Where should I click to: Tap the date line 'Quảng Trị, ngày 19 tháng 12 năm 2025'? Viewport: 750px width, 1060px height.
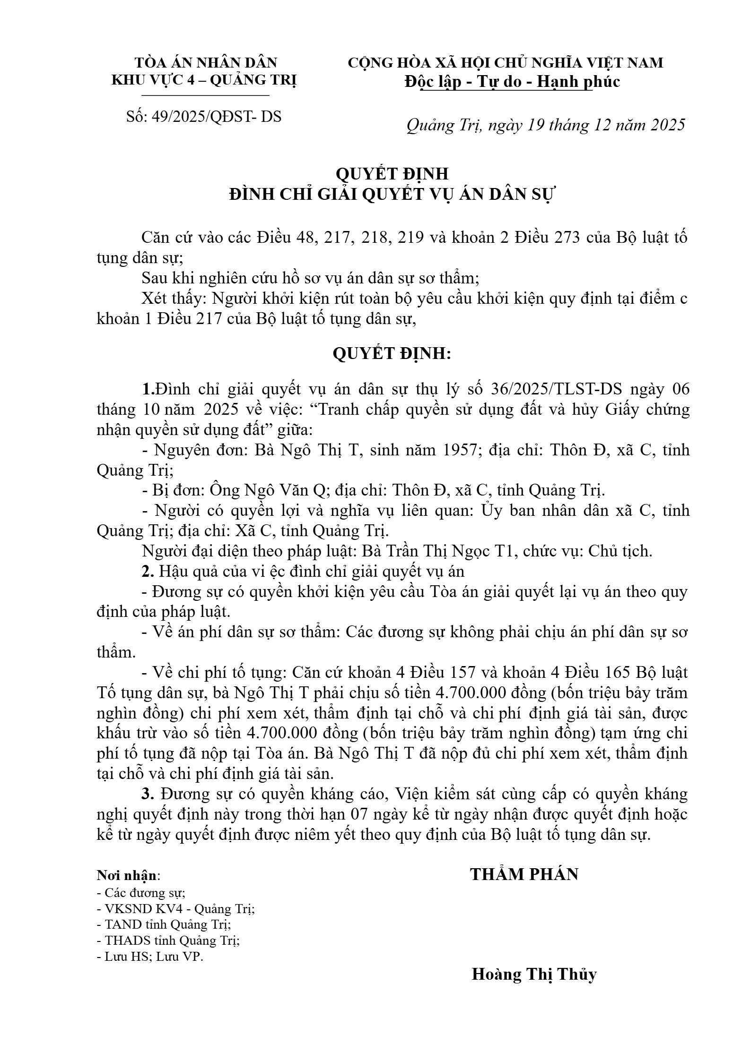[546, 125]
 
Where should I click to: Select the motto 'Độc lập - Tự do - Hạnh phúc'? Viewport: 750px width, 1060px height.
[512, 82]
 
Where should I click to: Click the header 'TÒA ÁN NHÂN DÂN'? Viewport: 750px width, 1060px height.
[206, 62]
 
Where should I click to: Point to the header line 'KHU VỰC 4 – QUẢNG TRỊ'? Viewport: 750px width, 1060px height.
[204, 80]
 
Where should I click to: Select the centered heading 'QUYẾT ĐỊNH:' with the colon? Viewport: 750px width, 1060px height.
[392, 354]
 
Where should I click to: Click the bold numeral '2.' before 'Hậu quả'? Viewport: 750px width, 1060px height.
[148, 572]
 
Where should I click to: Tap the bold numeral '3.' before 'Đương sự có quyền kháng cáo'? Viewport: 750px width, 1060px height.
[148, 795]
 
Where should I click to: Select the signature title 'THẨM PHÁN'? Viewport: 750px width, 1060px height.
[524, 875]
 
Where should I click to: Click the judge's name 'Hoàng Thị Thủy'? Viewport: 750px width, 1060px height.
[534, 974]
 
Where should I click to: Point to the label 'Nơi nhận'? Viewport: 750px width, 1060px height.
[126, 876]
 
